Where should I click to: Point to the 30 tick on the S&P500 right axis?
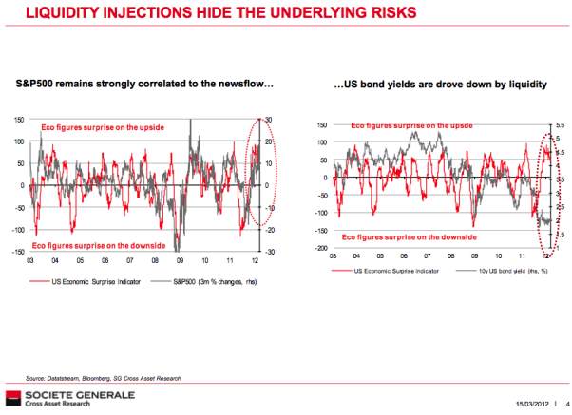(x=268, y=119)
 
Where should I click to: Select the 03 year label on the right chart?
(x=334, y=255)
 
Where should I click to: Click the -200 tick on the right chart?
(x=321, y=248)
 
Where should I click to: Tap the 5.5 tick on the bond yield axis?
(x=560, y=125)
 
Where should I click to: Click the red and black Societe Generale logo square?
(x=11, y=397)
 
